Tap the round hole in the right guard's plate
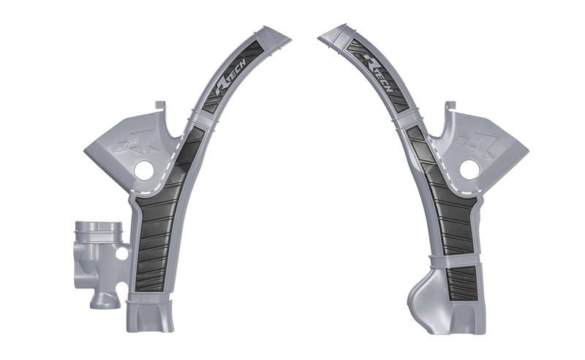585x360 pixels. (x=469, y=170)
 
